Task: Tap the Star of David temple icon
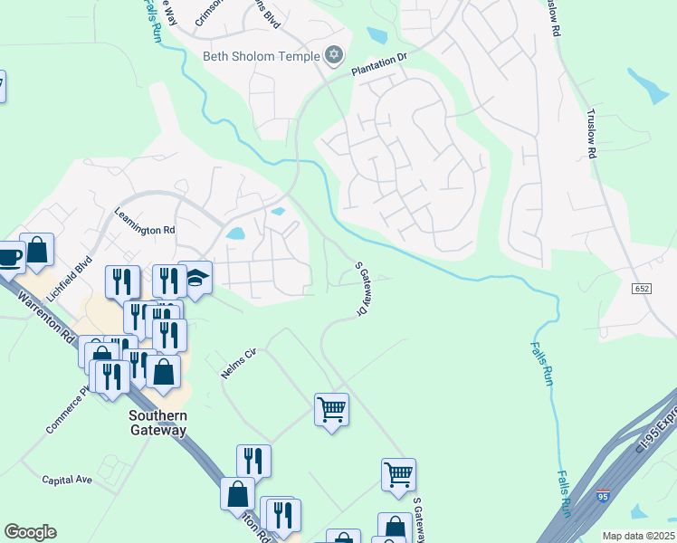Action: point(334,56)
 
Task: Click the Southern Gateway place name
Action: point(157,423)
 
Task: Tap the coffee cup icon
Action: point(10,256)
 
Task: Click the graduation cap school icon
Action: point(195,279)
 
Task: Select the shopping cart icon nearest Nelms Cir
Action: point(331,409)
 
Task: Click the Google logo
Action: point(30,532)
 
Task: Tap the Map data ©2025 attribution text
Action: point(638,536)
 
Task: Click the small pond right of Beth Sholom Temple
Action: point(377,36)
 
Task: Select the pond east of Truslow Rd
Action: point(648,86)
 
